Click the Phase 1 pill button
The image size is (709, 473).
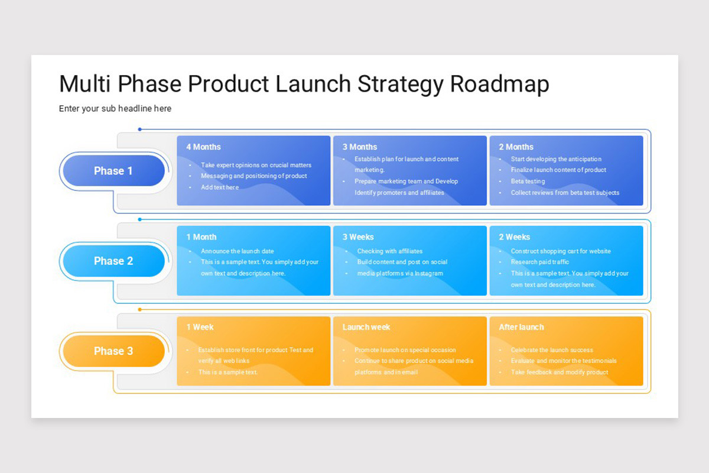(x=113, y=171)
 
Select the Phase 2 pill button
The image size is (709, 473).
(x=113, y=261)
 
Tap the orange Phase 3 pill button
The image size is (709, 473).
(x=113, y=351)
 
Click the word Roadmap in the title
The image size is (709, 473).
(x=499, y=84)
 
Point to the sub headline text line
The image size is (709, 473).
(x=115, y=108)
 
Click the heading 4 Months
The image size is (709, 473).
(x=203, y=147)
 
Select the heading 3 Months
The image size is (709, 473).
(x=359, y=147)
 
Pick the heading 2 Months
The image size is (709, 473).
(x=516, y=147)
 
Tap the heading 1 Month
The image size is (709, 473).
(x=201, y=237)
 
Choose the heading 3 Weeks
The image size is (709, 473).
(x=358, y=237)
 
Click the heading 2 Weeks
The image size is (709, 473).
(x=514, y=237)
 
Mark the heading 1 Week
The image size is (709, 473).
(x=200, y=327)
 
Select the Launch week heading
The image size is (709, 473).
(x=366, y=327)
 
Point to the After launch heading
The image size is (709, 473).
(x=521, y=327)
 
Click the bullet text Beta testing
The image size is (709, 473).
(x=528, y=181)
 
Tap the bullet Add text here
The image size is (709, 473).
(x=220, y=187)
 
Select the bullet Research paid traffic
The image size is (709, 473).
(x=540, y=262)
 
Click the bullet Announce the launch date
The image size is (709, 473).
(x=237, y=251)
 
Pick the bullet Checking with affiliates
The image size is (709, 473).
(x=389, y=251)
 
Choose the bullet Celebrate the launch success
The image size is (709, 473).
(x=552, y=350)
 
